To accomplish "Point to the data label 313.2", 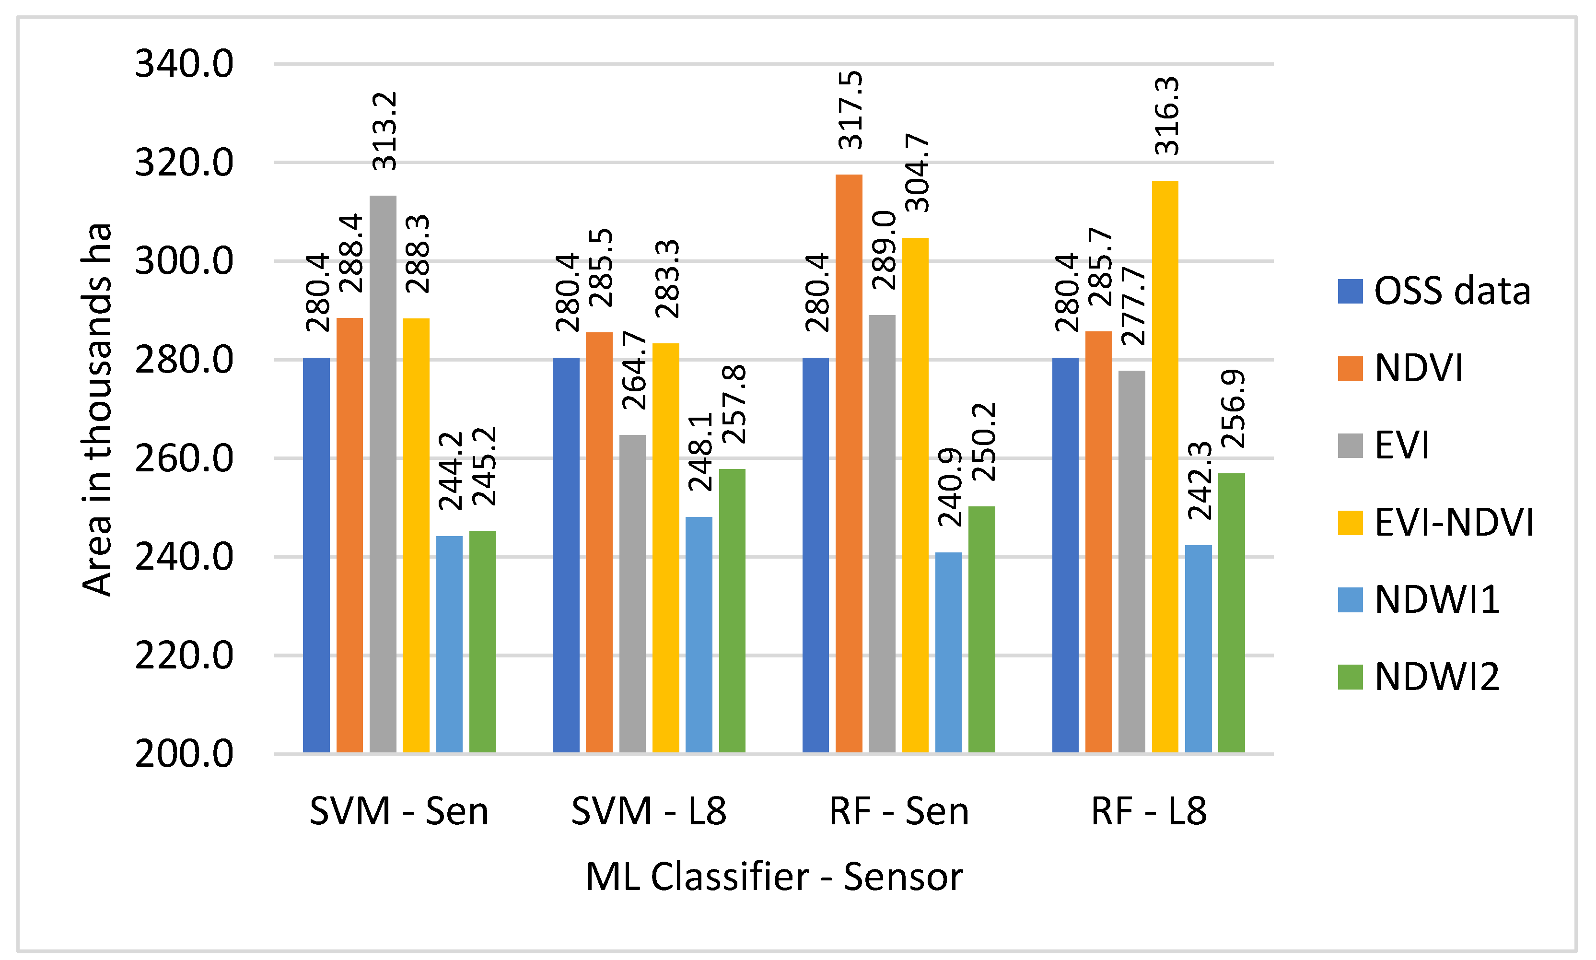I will coord(385,131).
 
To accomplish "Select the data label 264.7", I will coord(634,370).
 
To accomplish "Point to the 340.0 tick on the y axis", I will coord(184,65).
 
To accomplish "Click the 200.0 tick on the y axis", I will coord(184,754).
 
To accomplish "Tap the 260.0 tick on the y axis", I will coord(184,458).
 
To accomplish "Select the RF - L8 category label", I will coord(1149,811).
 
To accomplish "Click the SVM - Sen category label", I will coord(399,811).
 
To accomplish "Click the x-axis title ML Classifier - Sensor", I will coord(774,877).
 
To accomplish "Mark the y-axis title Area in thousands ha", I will coord(97,410).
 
